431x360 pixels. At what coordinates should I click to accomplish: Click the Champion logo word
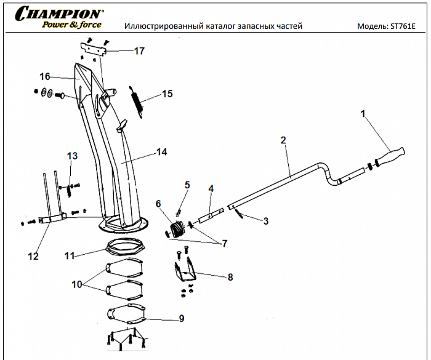[59, 13]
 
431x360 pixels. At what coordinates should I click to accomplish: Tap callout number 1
[363, 114]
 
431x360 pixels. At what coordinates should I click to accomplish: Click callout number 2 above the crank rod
[283, 140]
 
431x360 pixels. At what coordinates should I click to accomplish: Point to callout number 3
[265, 220]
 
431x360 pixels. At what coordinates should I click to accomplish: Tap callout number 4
[211, 188]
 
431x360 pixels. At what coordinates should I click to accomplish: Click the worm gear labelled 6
[177, 230]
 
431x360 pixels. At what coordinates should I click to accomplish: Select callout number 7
[224, 244]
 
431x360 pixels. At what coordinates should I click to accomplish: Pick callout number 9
[181, 318]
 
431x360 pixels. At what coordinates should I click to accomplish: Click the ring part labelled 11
[126, 247]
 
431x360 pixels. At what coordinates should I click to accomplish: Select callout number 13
[73, 156]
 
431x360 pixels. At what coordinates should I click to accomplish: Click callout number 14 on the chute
[162, 151]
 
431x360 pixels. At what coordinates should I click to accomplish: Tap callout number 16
[44, 77]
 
